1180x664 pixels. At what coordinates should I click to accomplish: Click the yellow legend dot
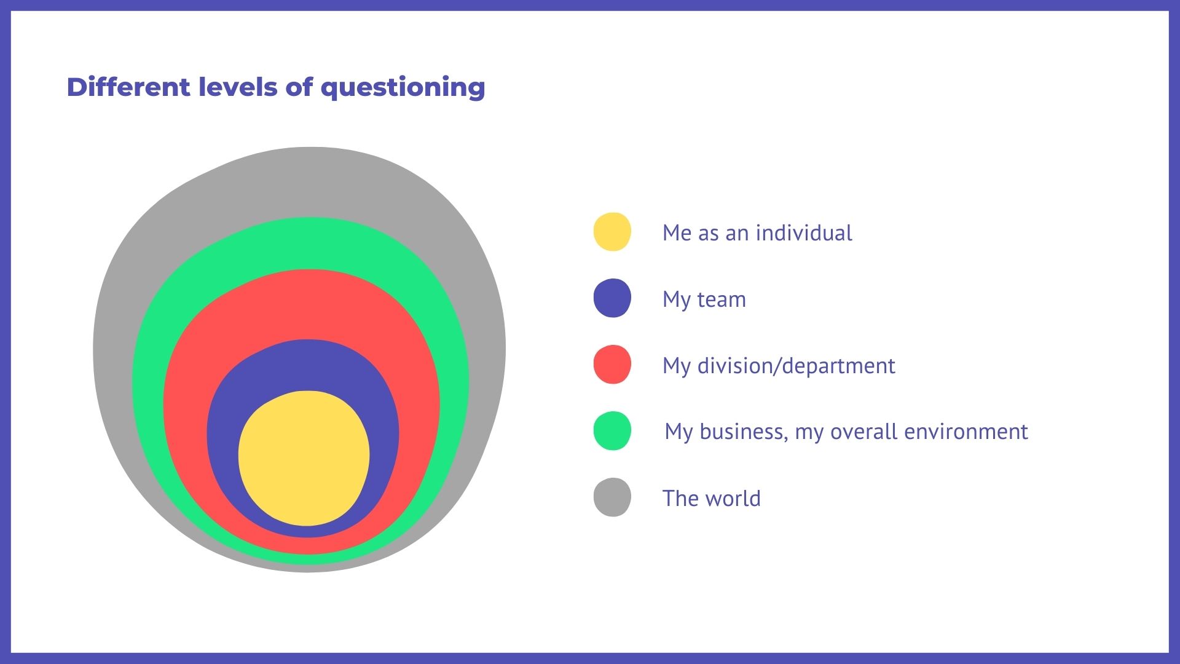(x=612, y=232)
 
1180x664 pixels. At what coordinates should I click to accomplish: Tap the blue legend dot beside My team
(x=612, y=298)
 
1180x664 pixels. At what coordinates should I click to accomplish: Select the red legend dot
(x=612, y=365)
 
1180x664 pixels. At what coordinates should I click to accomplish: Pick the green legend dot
(x=612, y=431)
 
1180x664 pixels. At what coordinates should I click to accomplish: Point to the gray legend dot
(x=612, y=497)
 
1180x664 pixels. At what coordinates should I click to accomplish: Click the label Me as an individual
(x=757, y=233)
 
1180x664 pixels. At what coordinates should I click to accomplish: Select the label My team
(x=704, y=300)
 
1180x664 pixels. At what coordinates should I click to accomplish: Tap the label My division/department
(x=779, y=366)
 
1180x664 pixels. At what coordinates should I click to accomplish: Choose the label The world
(x=712, y=498)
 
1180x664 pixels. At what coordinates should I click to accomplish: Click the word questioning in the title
(x=403, y=88)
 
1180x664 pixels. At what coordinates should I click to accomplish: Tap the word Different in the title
(x=129, y=87)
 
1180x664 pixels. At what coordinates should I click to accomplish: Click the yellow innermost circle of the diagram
(x=304, y=458)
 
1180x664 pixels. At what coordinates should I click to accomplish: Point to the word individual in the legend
(x=804, y=233)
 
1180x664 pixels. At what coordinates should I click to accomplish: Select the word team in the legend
(x=722, y=300)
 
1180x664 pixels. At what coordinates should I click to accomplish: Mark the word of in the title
(x=299, y=87)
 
